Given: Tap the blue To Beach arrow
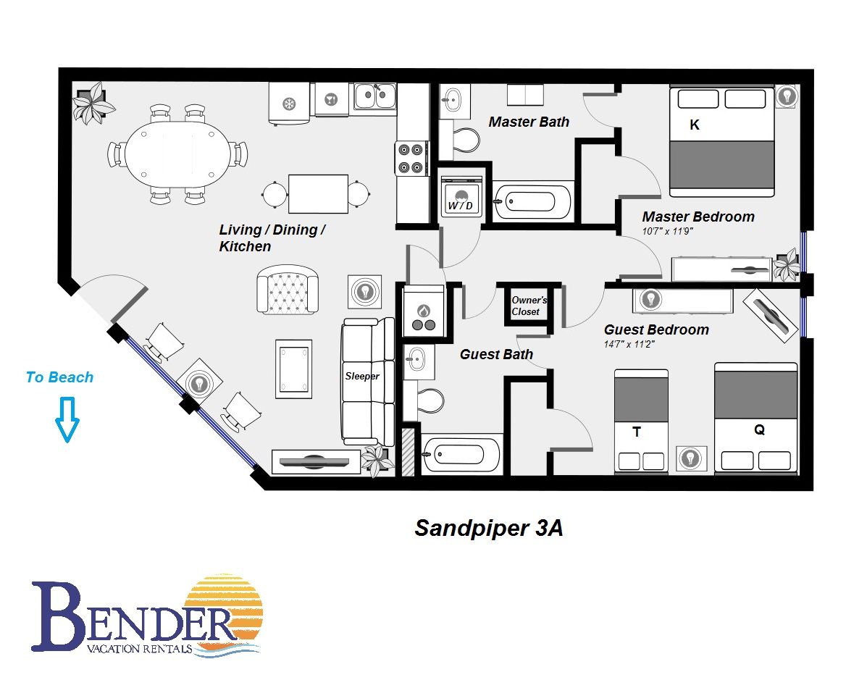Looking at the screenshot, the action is click(x=67, y=419).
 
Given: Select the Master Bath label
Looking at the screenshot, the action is click(x=529, y=122).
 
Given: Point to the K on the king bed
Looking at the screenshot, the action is click(x=695, y=125).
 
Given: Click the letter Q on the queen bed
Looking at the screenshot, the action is click(x=759, y=429).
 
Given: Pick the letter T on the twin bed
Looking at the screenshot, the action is click(x=637, y=432).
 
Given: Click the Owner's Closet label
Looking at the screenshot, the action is click(x=529, y=306).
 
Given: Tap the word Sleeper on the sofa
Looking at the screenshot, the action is click(x=362, y=376).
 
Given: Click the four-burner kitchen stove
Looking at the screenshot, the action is click(x=411, y=158).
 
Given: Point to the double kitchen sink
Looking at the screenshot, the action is click(x=375, y=96).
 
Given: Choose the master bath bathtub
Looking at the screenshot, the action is click(x=532, y=202).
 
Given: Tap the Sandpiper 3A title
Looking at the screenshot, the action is click(x=489, y=528).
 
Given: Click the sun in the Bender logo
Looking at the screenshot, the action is click(x=223, y=613).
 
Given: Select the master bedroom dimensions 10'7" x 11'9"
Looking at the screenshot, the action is click(x=667, y=231).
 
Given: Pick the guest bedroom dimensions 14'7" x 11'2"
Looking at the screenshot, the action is click(x=629, y=344).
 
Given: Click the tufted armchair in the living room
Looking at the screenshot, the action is click(x=288, y=290).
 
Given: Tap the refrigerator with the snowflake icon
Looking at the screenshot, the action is click(x=289, y=104).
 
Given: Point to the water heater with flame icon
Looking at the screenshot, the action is click(x=424, y=311).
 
